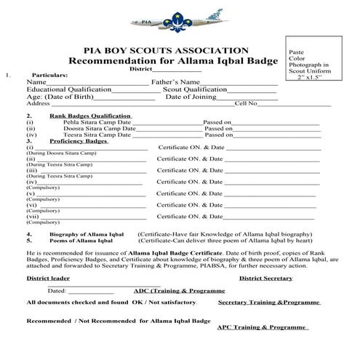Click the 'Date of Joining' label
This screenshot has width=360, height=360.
point(191,97)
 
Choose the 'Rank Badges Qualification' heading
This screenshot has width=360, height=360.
point(90,116)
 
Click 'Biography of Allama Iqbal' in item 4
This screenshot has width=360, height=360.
point(81,234)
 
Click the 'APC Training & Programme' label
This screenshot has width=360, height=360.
point(263,327)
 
